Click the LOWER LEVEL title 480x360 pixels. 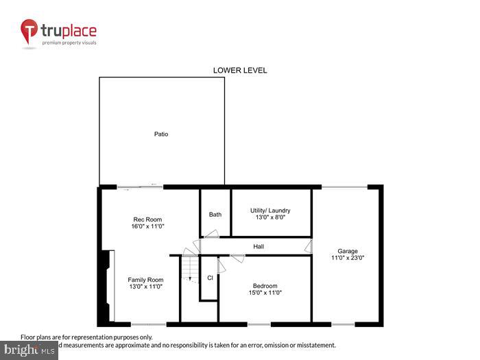coord(239,70)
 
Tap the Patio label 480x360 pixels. coord(160,134)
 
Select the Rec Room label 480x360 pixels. coord(148,219)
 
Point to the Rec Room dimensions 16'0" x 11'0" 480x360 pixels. coord(148,226)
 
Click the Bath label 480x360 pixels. coord(215,215)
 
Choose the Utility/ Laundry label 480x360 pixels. coord(270,211)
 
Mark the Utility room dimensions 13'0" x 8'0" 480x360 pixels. coord(270,217)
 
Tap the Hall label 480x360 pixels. coord(259,246)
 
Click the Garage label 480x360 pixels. coord(347,251)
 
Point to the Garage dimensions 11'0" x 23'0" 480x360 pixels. coord(347,258)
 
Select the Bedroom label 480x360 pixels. coord(265,286)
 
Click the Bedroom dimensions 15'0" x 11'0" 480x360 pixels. coord(265,293)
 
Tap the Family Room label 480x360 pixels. coord(145,280)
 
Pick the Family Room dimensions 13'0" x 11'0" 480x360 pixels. coord(145,287)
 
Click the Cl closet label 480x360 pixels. coord(210,278)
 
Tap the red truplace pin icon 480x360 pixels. coord(29,32)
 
